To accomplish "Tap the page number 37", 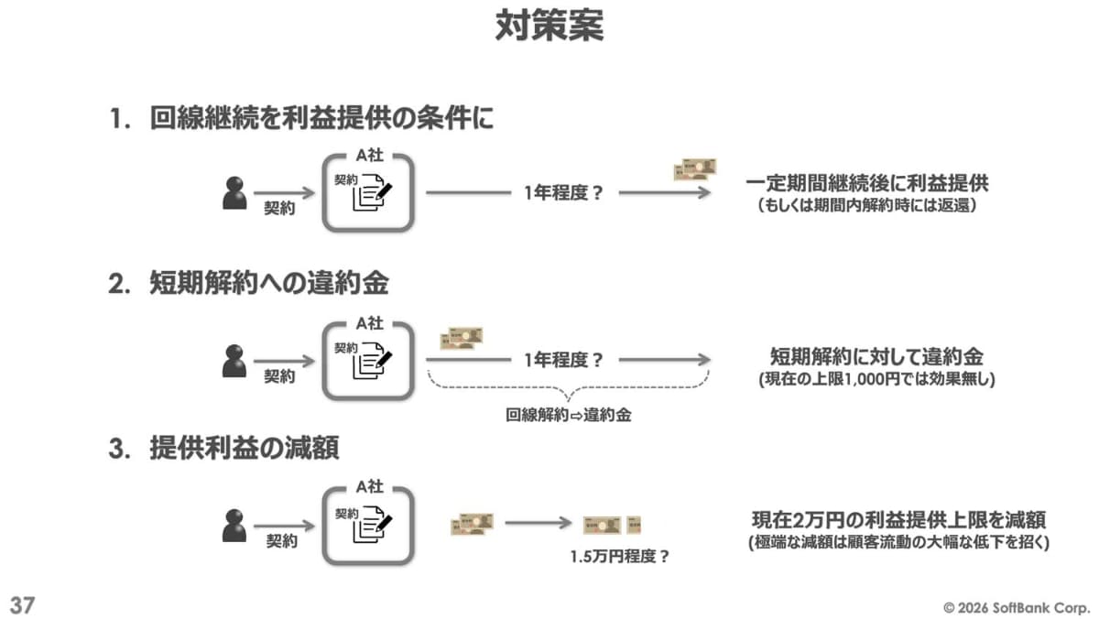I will (x=22, y=603).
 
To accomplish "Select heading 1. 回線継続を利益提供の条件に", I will (x=301, y=120).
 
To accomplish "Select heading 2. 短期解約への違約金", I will (x=248, y=284).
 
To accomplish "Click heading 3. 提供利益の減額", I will (x=224, y=448).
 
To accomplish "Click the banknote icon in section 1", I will (x=694, y=169).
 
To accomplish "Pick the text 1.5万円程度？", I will (x=619, y=555).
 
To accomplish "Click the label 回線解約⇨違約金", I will (x=569, y=414).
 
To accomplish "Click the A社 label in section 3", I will (x=369, y=486).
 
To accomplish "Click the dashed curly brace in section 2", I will (x=568, y=389).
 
